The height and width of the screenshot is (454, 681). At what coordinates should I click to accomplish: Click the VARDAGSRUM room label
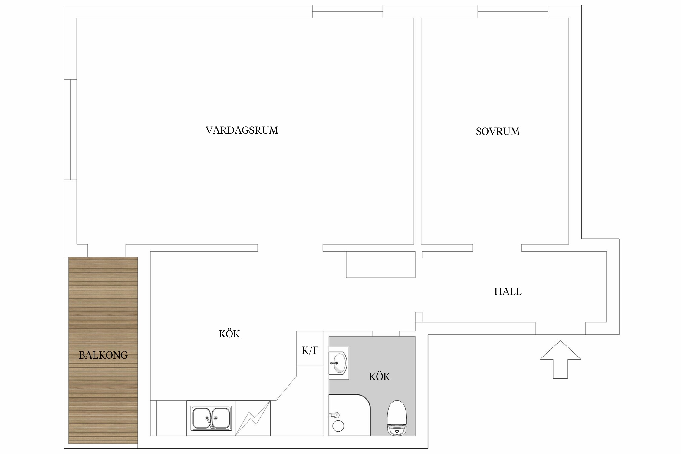[242, 130]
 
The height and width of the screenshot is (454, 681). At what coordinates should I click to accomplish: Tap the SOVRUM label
[498, 131]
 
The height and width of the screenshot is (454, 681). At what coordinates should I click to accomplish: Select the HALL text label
[508, 291]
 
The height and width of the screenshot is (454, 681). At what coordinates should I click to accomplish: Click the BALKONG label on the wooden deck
[103, 355]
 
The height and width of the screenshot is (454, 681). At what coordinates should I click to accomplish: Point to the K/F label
[310, 350]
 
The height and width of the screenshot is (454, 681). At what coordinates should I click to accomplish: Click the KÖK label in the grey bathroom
[380, 377]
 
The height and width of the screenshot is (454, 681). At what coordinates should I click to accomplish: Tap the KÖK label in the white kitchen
[229, 334]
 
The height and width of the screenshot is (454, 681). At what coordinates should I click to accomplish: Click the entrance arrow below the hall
[560, 360]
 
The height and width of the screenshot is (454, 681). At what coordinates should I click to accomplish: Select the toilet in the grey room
[397, 418]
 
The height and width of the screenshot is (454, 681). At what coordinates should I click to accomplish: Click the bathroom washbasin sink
[339, 363]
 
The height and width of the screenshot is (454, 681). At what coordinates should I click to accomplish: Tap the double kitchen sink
[211, 418]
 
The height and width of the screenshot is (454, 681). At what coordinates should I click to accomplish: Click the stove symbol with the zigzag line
[253, 418]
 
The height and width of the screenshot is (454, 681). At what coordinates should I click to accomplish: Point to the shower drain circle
[338, 426]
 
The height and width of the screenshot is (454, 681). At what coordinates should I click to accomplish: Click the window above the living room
[347, 12]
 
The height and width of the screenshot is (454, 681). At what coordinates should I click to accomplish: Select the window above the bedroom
[513, 12]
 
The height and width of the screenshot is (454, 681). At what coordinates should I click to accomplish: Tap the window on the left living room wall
[70, 130]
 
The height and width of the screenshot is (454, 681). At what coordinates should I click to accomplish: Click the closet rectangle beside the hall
[381, 264]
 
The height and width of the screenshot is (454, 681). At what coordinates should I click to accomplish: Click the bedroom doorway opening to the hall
[497, 248]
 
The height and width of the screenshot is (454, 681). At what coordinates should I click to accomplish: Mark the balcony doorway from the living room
[107, 251]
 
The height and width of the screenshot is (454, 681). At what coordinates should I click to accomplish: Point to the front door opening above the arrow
[561, 328]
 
